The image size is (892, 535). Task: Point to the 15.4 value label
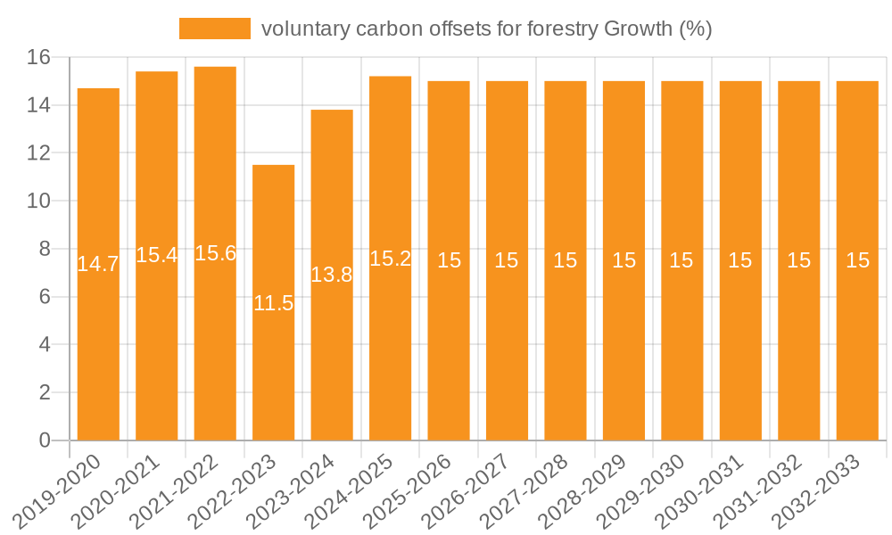coord(157,255)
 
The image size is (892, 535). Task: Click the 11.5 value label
coord(274,303)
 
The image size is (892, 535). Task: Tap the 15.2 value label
coord(391,259)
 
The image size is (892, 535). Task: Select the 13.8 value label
coord(332,275)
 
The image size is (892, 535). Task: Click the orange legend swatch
coord(215,29)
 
